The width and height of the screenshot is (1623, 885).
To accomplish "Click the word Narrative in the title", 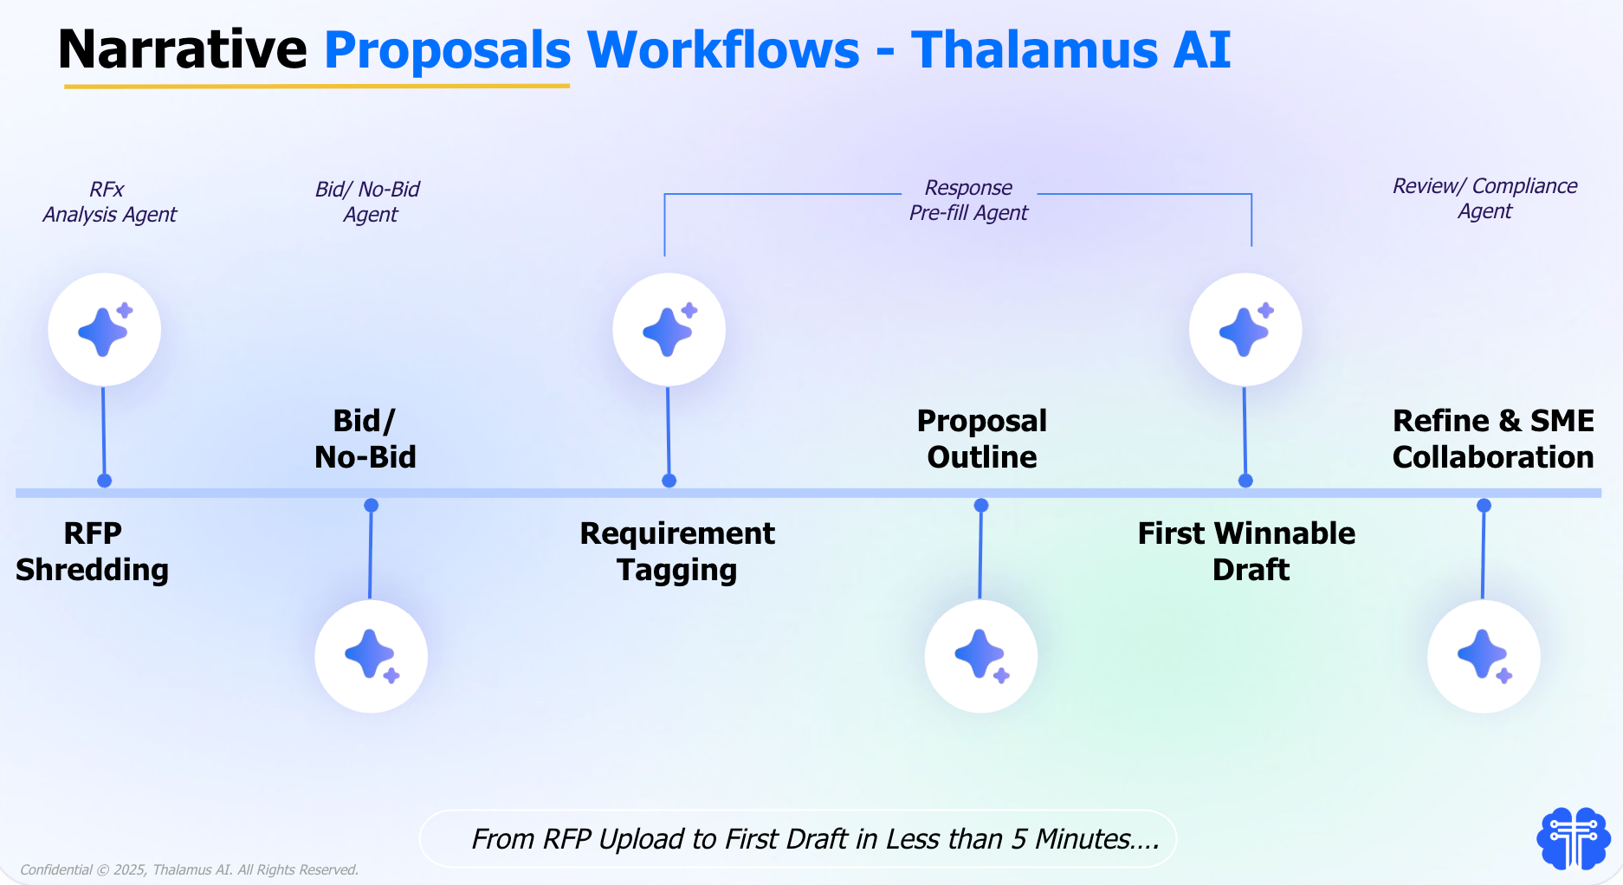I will click(182, 49).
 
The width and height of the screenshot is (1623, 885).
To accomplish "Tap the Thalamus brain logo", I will click(1573, 837).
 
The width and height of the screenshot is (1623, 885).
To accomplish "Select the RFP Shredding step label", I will click(92, 552).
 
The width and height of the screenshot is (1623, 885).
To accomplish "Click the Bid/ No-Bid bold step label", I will click(365, 438).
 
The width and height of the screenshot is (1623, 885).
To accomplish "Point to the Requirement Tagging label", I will click(677, 552).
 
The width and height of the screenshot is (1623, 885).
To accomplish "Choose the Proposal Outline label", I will click(981, 438).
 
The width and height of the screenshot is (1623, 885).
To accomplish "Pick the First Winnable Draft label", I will click(1246, 552).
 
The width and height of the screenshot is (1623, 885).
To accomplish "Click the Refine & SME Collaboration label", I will click(1492, 438).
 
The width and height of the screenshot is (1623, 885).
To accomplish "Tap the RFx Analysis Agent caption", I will click(109, 202).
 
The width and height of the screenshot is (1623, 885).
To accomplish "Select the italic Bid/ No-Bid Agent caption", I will click(368, 202).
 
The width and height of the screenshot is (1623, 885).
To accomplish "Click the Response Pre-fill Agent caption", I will click(968, 200).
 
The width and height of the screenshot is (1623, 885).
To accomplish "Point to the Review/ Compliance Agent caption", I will click(1484, 198).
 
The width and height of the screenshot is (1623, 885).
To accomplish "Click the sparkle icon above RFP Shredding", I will click(104, 330).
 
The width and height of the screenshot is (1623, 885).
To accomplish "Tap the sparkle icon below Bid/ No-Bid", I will click(371, 656).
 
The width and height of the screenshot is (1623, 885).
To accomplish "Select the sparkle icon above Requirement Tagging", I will click(669, 330).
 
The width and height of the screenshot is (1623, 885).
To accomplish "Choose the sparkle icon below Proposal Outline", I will click(980, 656).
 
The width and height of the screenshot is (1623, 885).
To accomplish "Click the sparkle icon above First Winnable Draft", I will click(1245, 330).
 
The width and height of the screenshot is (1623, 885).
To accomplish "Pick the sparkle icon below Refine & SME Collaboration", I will click(1484, 656).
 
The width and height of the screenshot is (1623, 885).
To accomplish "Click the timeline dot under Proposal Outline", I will click(981, 505).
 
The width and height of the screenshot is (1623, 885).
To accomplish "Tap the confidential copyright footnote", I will click(189, 869).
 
